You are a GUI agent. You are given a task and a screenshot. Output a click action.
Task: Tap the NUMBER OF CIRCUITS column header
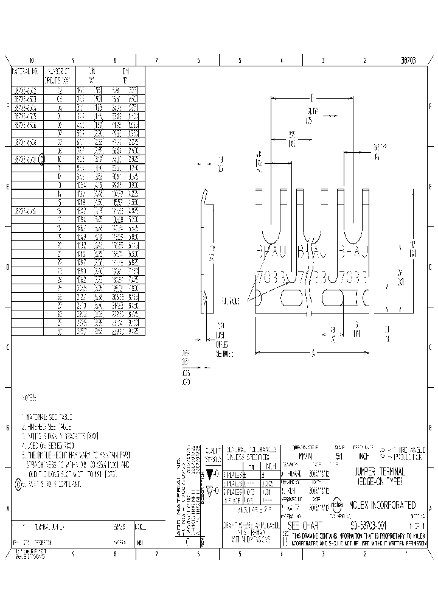point(59,75)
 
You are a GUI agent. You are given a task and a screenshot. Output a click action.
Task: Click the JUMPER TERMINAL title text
point(380,475)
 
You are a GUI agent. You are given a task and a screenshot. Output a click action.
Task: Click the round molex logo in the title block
point(336,505)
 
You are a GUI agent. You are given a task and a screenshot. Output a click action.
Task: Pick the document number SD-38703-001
point(361,525)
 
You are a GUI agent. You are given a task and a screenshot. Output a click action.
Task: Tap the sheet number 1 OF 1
point(417,525)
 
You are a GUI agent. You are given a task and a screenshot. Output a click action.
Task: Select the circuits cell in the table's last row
point(59,332)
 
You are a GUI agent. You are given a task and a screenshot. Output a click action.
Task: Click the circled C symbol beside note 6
point(17,485)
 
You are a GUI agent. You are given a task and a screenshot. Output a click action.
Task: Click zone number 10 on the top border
point(32,61)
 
